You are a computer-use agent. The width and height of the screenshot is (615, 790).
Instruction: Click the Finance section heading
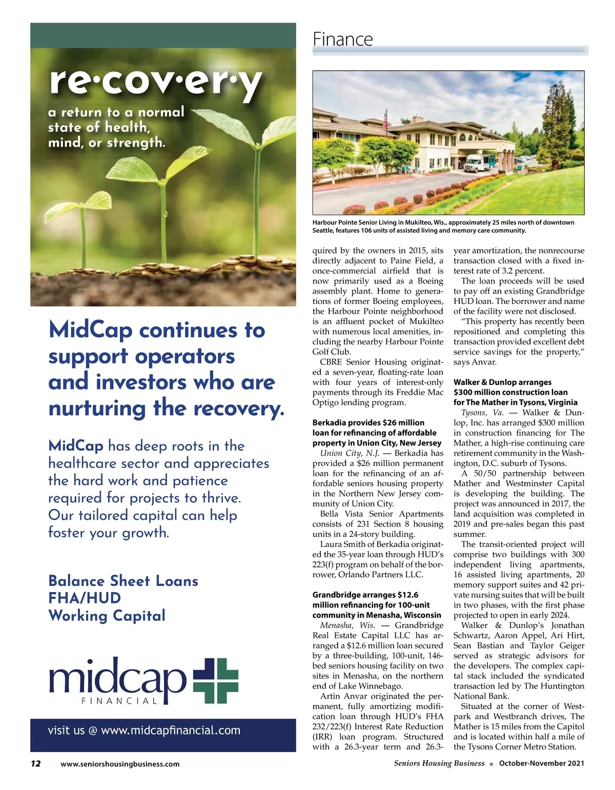pos(343,39)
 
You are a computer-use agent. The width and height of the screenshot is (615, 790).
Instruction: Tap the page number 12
pos(35,763)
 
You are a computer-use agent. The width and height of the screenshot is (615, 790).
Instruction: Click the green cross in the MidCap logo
pos(216,680)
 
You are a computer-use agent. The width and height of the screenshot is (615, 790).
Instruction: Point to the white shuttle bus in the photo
pos(478,163)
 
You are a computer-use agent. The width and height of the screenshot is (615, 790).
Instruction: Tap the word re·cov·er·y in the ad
pos(156,82)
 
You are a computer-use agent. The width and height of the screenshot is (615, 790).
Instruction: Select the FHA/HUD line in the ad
pos(85,598)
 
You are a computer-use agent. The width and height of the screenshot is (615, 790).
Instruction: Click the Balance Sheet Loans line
pos(123,581)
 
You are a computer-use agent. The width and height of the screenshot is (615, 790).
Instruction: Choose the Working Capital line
pos(107,616)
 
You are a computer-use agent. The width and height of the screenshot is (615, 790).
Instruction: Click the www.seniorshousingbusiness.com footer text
pos(120,764)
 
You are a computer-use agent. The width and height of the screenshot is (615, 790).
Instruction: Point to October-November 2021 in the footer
pos(541,763)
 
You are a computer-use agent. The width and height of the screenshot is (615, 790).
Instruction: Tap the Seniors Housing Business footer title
pos(439,763)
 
